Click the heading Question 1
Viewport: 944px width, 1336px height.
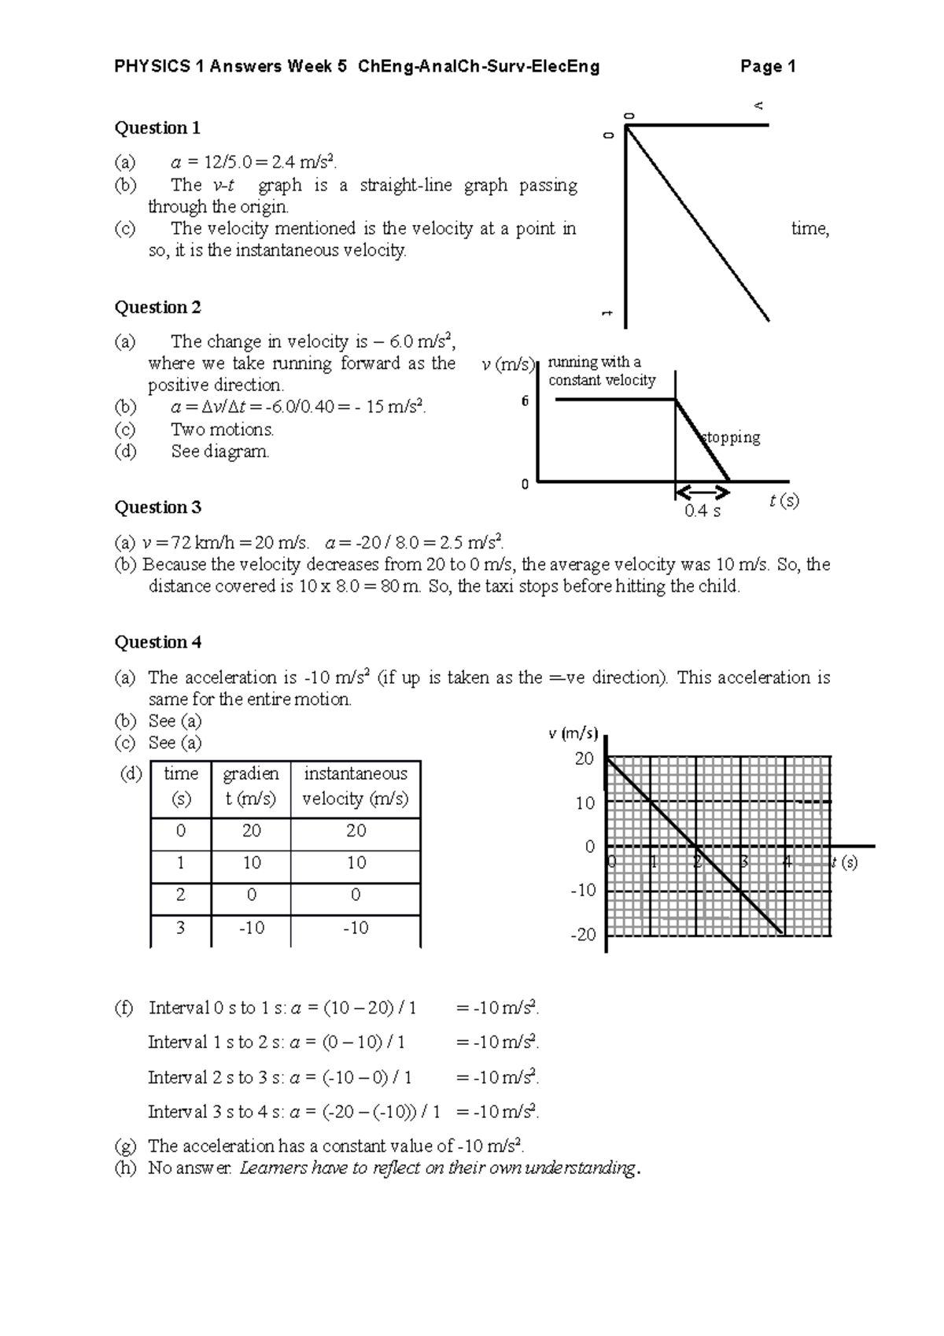157,127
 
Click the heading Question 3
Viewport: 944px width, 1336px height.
157,507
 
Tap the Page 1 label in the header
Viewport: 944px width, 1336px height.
768,66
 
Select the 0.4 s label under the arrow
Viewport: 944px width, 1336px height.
702,511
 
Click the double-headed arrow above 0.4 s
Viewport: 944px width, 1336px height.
702,493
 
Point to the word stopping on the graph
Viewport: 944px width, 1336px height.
731,437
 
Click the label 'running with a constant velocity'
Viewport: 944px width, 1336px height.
602,371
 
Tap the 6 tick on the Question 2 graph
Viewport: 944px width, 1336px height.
525,400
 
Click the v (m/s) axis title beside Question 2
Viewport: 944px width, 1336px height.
507,364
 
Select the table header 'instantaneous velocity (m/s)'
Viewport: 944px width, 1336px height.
355,786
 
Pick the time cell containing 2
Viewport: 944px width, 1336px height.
180,895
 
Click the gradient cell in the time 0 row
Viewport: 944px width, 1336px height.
251,830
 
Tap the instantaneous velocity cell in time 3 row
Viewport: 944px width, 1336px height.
356,928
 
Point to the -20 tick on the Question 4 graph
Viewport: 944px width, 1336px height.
583,934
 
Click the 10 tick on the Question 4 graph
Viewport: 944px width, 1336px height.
585,803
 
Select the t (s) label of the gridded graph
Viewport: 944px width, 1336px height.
845,862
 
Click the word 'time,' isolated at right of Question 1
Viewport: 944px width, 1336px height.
809,228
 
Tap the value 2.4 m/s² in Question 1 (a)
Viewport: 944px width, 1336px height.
304,163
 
